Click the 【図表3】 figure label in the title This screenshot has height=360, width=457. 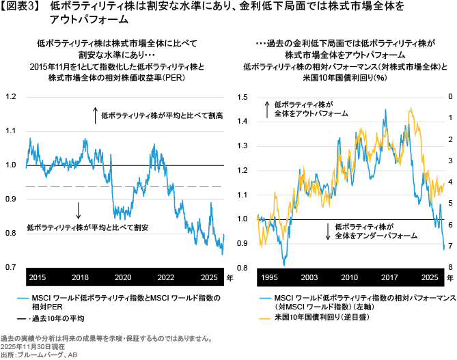(21, 8)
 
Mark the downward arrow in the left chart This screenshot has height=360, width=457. (79, 210)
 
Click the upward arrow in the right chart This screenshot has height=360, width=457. (266, 108)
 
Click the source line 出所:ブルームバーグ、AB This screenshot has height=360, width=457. (39, 355)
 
